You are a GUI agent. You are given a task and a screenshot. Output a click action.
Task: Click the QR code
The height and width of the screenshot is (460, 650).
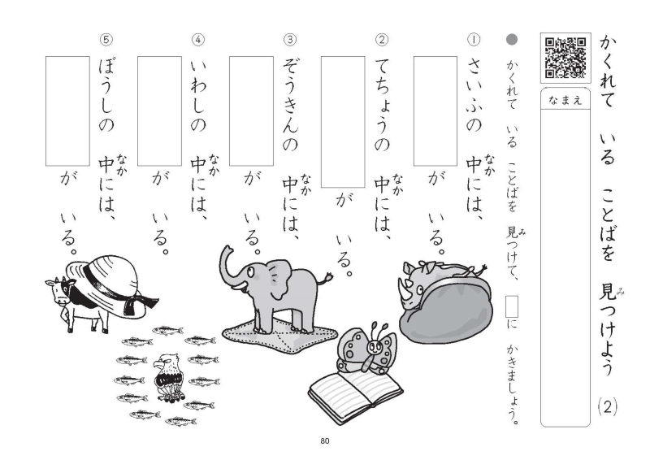pyautogui.click(x=565, y=58)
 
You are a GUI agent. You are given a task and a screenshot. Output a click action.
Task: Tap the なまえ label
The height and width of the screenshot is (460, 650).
pyautogui.click(x=565, y=101)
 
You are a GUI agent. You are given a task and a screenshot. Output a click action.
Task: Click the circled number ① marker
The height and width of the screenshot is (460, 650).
pyautogui.click(x=474, y=39)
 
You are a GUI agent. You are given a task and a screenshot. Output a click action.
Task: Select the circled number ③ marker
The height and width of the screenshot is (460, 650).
pyautogui.click(x=290, y=39)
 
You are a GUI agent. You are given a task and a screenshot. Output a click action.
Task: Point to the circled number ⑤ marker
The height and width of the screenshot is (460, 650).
pyautogui.click(x=106, y=39)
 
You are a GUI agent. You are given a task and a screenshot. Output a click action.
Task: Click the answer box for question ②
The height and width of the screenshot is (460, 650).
pyautogui.click(x=343, y=122)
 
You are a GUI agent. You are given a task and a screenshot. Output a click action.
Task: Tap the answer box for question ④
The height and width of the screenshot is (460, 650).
pyautogui.click(x=159, y=111)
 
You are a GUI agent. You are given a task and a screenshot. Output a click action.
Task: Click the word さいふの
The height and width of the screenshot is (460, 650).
pyautogui.click(x=474, y=95)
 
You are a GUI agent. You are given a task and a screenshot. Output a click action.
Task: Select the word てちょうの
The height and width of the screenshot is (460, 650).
pyautogui.click(x=382, y=105)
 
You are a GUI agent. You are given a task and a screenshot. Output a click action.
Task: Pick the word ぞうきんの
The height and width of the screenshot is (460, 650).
pyautogui.click(x=290, y=105)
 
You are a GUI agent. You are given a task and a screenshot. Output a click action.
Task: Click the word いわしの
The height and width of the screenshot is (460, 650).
pyautogui.click(x=198, y=95)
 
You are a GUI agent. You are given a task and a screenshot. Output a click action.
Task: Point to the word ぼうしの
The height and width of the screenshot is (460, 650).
pyautogui.click(x=106, y=95)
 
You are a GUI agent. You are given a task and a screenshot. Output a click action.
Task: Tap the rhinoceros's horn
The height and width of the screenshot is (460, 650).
pyautogui.click(x=403, y=286)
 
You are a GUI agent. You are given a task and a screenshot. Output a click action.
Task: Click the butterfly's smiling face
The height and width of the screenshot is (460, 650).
pyautogui.click(x=374, y=345)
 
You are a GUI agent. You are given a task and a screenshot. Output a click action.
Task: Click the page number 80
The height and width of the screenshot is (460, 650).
pyautogui.click(x=324, y=441)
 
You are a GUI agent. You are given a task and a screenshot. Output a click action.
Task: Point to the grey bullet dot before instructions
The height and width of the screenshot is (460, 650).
pyautogui.click(x=513, y=39)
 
